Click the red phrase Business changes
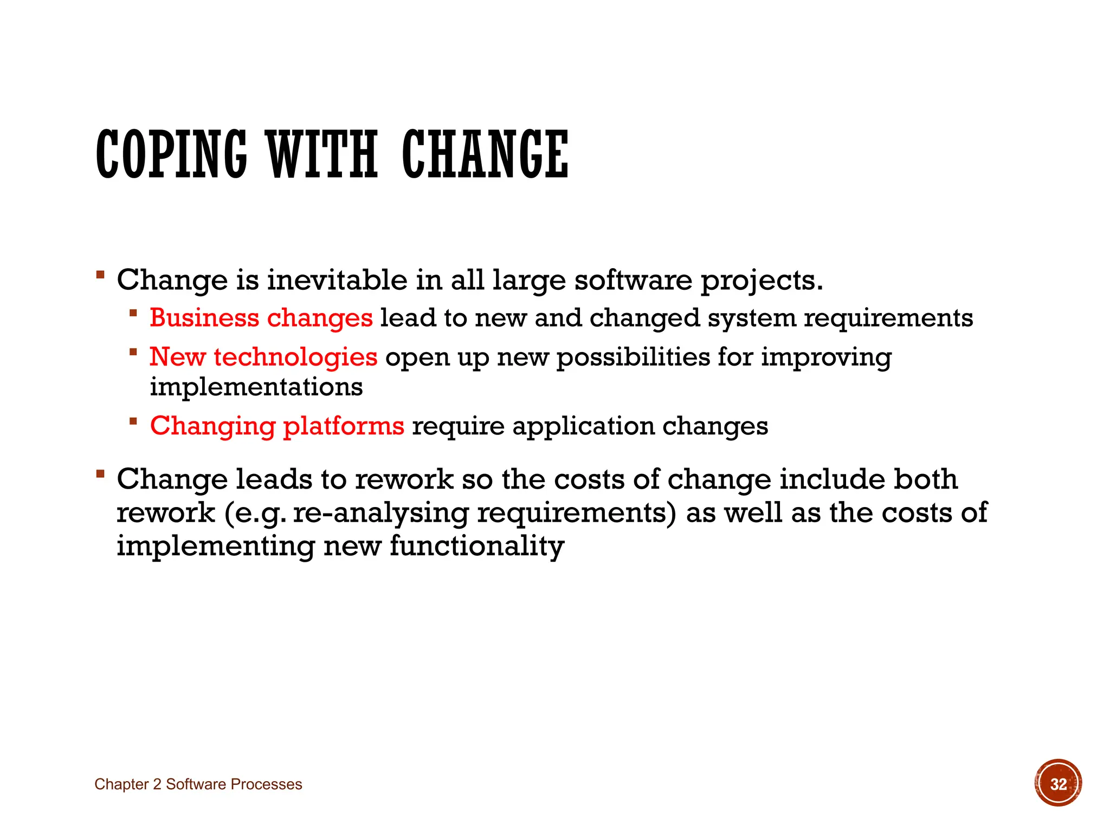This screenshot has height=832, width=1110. tap(261, 318)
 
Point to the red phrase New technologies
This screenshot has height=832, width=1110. tap(263, 357)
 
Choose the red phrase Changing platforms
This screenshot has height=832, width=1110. tap(277, 426)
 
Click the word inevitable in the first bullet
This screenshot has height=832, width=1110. tap(337, 280)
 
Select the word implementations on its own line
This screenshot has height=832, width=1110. tap(256, 387)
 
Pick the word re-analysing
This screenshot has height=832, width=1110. tap(380, 512)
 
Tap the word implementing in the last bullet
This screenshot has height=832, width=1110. tap(216, 546)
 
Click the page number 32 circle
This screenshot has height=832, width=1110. tap(1058, 783)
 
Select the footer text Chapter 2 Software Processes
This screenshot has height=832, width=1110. tap(198, 784)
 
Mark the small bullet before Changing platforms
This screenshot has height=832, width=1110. tap(133, 421)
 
